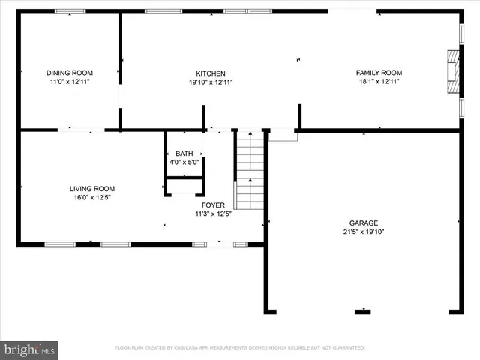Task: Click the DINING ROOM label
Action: pyautogui.click(x=70, y=73)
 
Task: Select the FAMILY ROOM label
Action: pyautogui.click(x=379, y=73)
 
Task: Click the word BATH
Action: pyautogui.click(x=184, y=153)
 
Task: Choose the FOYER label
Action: pyautogui.click(x=213, y=205)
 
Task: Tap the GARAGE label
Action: pyautogui.click(x=363, y=223)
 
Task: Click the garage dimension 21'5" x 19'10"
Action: pyautogui.click(x=363, y=232)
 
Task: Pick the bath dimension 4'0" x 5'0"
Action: pyautogui.click(x=184, y=161)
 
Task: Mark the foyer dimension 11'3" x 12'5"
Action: pyautogui.click(x=213, y=214)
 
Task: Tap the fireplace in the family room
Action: pyautogui.click(x=452, y=73)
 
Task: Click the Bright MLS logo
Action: pyautogui.click(x=29, y=349)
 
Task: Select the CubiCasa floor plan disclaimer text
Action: pyautogui.click(x=240, y=348)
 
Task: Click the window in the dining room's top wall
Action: pyautogui.click(x=70, y=11)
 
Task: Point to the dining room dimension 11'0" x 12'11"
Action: pyautogui.click(x=70, y=81)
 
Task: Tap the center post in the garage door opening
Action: pyautogui.click(x=364, y=310)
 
